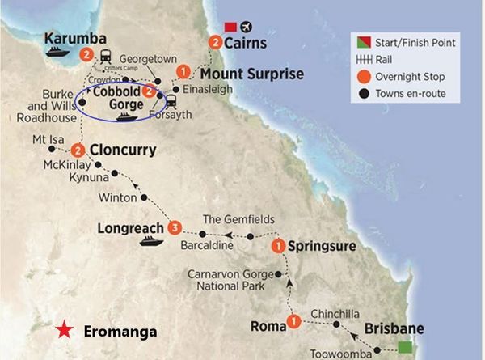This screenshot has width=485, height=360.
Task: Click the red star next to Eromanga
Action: click(62, 331)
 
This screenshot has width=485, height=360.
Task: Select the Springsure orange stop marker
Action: click(279, 246)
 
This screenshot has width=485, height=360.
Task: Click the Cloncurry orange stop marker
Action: click(78, 150)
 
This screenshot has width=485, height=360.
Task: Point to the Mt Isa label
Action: click(48, 138)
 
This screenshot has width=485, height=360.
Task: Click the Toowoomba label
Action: click(340, 353)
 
